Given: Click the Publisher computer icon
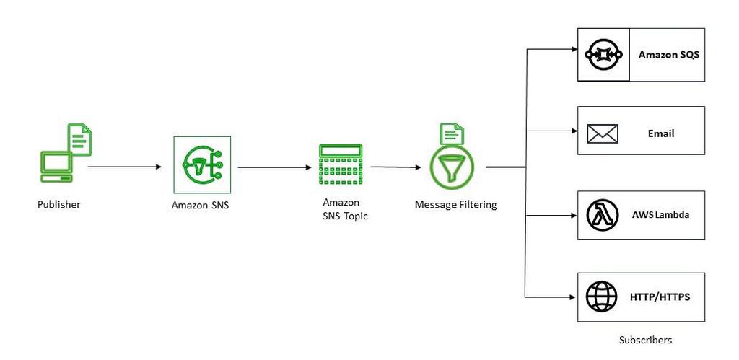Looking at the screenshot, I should (56, 167).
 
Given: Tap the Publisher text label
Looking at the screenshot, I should (59, 205).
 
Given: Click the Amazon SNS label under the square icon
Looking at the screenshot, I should (199, 206).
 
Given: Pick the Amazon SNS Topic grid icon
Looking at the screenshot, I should (340, 165).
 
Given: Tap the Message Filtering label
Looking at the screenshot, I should (455, 205).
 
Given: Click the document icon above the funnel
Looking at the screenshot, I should (452, 133).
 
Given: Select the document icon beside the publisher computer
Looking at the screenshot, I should (80, 139).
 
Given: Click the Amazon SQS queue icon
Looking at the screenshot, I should (604, 55).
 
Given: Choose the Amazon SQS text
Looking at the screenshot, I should (668, 55).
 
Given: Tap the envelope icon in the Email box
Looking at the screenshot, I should (603, 133).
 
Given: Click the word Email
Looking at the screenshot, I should (661, 133).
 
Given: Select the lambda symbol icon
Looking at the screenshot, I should (603, 215).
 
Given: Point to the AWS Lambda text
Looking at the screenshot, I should (660, 215).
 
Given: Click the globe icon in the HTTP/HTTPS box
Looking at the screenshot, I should (601, 296).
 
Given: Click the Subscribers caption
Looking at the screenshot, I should (645, 340).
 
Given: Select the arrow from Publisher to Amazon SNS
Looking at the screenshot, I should (124, 167).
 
